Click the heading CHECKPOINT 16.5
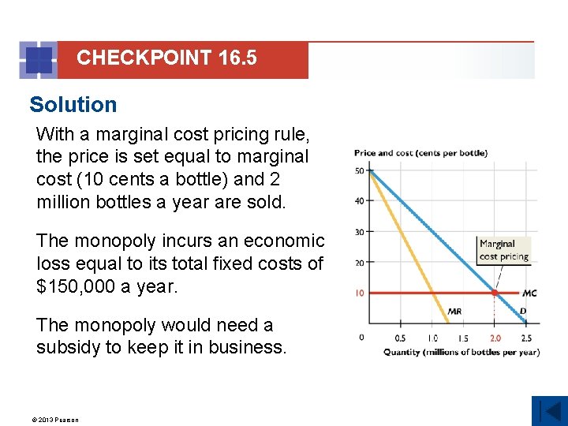tap(166, 58)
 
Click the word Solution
tap(73, 104)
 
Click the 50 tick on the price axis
tap(359, 170)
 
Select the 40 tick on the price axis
tap(359, 200)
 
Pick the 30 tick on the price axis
tap(359, 231)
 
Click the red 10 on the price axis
tap(359, 293)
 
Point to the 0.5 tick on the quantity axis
tap(400, 338)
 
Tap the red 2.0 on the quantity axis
tap(494, 338)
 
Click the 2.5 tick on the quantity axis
tap(526, 338)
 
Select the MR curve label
tap(454, 311)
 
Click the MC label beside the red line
tap(529, 293)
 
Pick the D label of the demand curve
tap(522, 311)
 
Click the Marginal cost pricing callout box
tap(503, 250)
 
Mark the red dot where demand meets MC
tap(495, 293)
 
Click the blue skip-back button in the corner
tap(549, 411)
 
